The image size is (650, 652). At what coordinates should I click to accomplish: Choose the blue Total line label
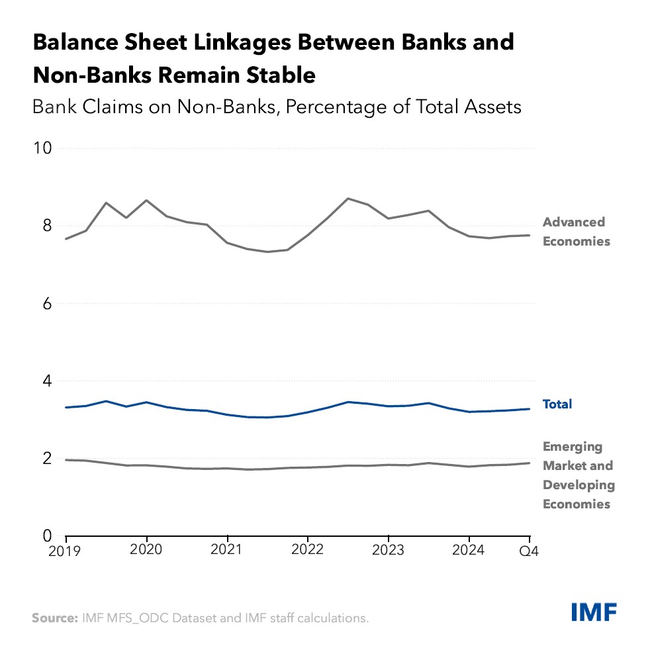pyautogui.click(x=557, y=404)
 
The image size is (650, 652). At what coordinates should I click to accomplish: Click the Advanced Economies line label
pyautogui.click(x=575, y=232)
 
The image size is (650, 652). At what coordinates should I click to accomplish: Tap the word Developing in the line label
pyautogui.click(x=579, y=485)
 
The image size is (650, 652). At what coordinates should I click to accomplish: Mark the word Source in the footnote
pyautogui.click(x=54, y=618)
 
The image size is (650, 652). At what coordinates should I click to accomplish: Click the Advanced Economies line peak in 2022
pyautogui.click(x=348, y=199)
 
